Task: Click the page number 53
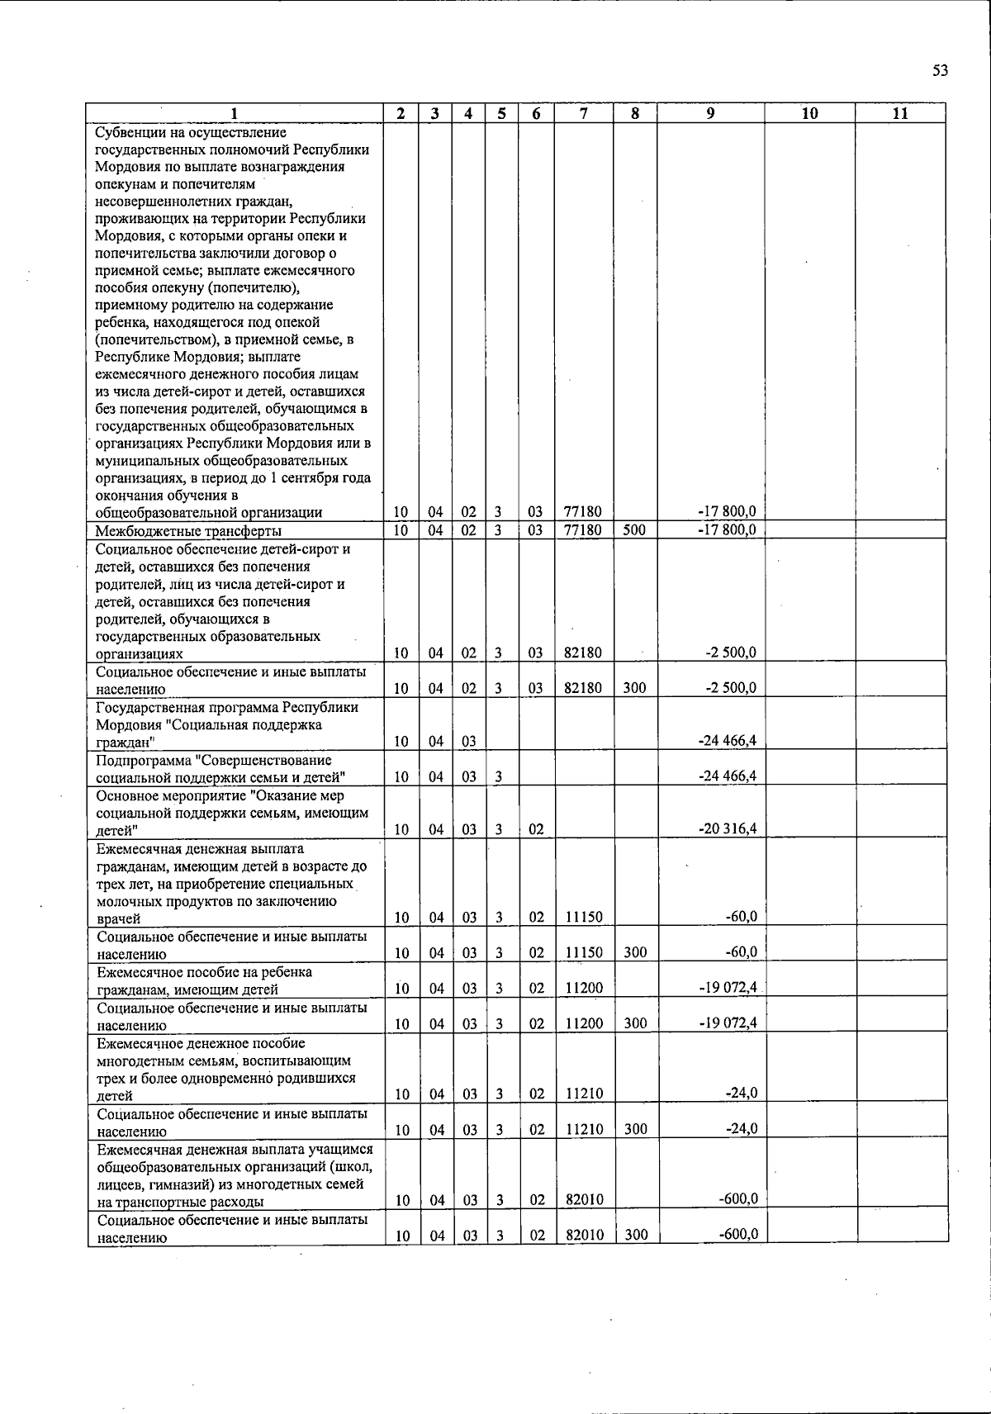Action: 940,71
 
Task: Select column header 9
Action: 710,114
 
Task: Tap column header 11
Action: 900,114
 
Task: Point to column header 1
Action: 235,114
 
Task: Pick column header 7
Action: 583,114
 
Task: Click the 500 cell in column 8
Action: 634,530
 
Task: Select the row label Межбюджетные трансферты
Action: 188,531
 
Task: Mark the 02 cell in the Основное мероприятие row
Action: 536,829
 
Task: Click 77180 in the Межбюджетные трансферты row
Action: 582,530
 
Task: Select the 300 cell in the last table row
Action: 635,1236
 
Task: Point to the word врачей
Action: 119,918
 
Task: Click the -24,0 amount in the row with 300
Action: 742,1129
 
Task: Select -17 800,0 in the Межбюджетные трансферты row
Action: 728,530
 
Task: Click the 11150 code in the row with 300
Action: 583,952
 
